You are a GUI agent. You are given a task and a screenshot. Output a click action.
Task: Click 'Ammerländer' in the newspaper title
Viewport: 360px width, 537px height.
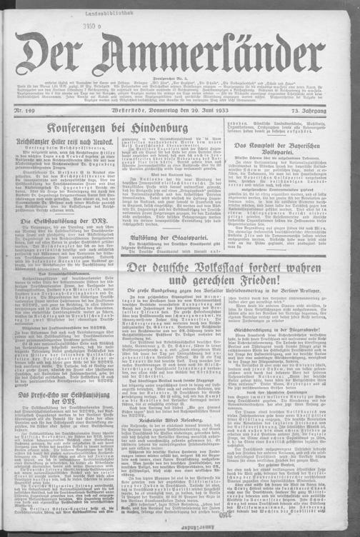click(214, 61)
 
